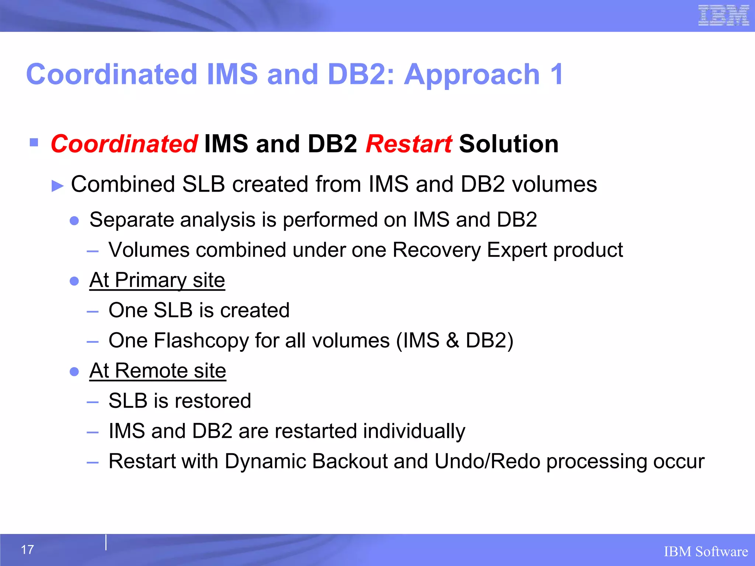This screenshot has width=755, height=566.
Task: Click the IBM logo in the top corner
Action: (723, 15)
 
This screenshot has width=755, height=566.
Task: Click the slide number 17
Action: (27, 549)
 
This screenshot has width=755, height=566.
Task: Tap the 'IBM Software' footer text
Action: (706, 552)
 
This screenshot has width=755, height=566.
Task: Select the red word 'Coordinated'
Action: (124, 144)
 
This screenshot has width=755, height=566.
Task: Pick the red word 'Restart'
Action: (408, 144)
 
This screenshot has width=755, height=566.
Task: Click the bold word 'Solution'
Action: (509, 144)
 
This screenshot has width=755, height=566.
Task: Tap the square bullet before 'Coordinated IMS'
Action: (34, 142)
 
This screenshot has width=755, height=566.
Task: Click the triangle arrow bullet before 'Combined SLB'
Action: (58, 186)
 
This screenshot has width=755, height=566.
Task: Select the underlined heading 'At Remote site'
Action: (157, 370)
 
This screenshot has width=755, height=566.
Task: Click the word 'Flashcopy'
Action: (201, 340)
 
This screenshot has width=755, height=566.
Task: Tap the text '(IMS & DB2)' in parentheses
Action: (455, 340)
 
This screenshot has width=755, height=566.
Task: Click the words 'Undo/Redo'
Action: (487, 461)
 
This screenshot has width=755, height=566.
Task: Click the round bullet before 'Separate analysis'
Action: (74, 221)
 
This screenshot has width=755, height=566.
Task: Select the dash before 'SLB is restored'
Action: (93, 402)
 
